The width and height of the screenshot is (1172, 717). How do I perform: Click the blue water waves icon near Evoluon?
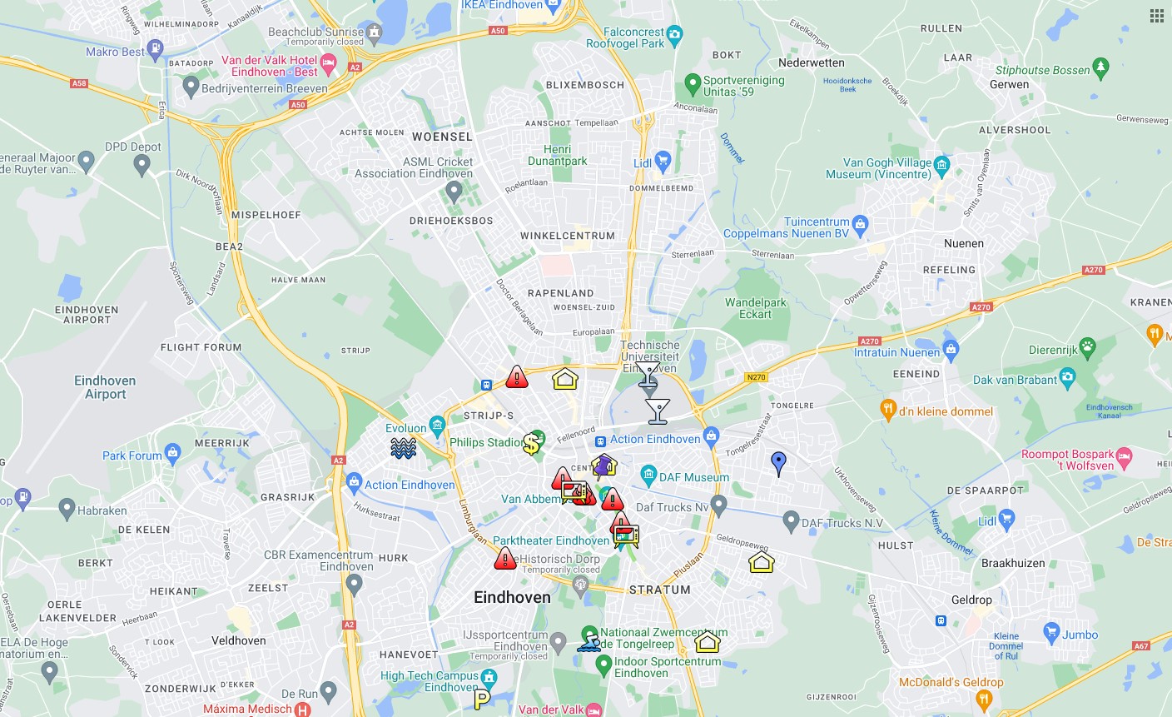(x=404, y=448)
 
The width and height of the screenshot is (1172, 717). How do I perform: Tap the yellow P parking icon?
(x=482, y=698)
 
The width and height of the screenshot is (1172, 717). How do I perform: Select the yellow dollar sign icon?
(x=531, y=444)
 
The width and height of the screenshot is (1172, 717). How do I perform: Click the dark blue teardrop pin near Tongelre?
(x=778, y=463)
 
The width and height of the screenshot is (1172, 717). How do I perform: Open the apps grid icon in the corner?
(x=1157, y=16)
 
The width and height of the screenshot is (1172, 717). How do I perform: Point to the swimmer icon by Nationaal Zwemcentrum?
(x=589, y=642)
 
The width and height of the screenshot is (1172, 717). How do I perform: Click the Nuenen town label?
(x=964, y=243)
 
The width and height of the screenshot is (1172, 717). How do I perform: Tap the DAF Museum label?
(x=693, y=477)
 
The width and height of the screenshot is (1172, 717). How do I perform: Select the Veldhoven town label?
(x=239, y=640)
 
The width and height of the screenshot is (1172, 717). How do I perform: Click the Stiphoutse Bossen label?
(x=1042, y=70)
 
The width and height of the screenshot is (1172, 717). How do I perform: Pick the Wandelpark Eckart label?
(x=755, y=308)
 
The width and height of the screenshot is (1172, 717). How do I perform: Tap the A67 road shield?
(x=1141, y=645)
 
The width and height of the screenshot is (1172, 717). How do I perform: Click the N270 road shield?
(x=756, y=377)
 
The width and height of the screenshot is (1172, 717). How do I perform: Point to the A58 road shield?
(x=79, y=83)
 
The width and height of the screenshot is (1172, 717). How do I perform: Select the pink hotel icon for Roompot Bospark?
(x=1125, y=456)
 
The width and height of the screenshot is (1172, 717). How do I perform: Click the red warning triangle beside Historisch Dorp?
(x=504, y=559)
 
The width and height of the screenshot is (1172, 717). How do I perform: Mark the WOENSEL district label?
(x=442, y=137)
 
